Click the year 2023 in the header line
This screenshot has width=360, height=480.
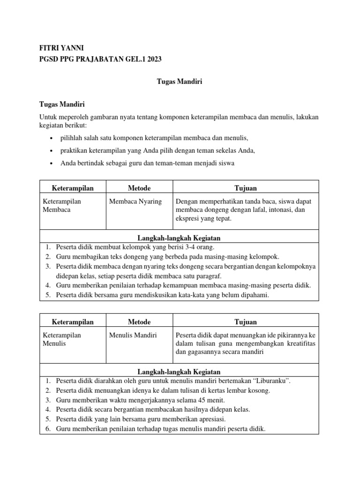tap(153, 58)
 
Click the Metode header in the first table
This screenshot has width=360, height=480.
tap(139, 188)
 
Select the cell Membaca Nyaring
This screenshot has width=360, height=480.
tap(135, 202)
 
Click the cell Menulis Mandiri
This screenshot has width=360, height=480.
tap(133, 335)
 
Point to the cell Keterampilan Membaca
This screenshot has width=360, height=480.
tap(62, 205)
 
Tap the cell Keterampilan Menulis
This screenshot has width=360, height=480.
tap(62, 339)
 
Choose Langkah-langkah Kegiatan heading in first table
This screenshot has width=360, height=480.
tap(180, 238)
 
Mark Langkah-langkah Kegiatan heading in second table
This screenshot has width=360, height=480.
tap(180, 371)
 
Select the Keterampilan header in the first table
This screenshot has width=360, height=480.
tap(73, 188)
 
